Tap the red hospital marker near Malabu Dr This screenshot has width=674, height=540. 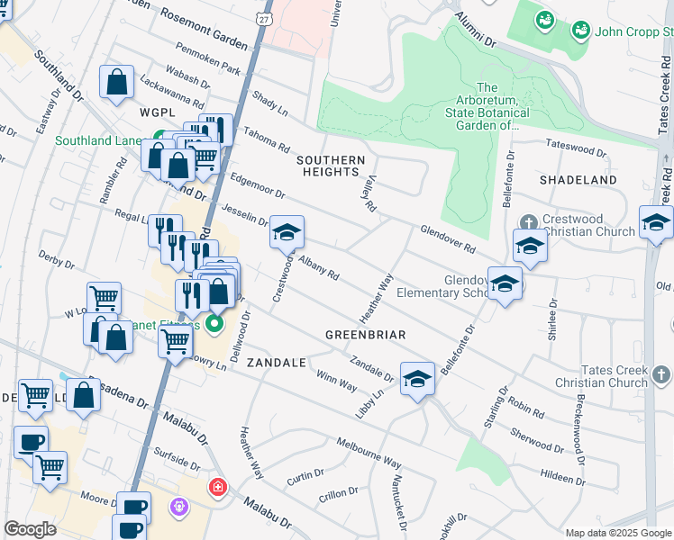217,488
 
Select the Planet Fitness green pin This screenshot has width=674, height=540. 214,323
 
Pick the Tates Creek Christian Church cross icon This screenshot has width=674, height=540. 660,374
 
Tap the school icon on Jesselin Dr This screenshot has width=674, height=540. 287,233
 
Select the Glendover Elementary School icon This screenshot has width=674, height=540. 505,283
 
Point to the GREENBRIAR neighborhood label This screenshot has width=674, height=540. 366,335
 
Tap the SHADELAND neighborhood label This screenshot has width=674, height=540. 578,180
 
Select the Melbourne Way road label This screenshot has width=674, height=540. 369,453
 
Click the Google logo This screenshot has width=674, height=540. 30,529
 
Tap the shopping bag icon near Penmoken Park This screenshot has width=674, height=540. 117,84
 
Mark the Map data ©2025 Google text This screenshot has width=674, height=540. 618,533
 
